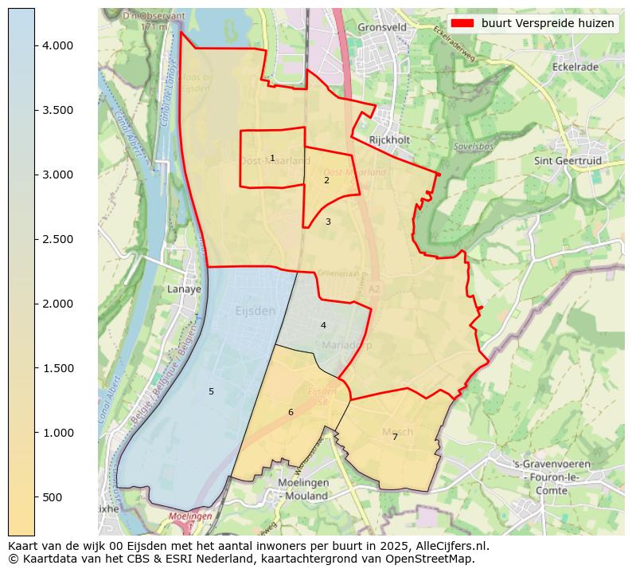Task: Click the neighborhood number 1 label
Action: coord(272,158)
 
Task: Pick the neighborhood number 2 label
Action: coord(326,180)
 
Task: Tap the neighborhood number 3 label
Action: coord(328,222)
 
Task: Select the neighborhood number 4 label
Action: coord(323,325)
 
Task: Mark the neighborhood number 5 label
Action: coord(211,391)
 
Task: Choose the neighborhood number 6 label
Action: coord(291,412)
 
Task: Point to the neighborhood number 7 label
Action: coord(395,437)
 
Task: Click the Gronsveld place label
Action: coord(382,26)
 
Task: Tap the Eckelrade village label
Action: coord(574,67)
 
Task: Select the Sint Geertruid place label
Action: coord(568,161)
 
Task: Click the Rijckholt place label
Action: coord(389,140)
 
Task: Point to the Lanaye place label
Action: coord(184,289)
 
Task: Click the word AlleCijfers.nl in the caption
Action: coord(448,546)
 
